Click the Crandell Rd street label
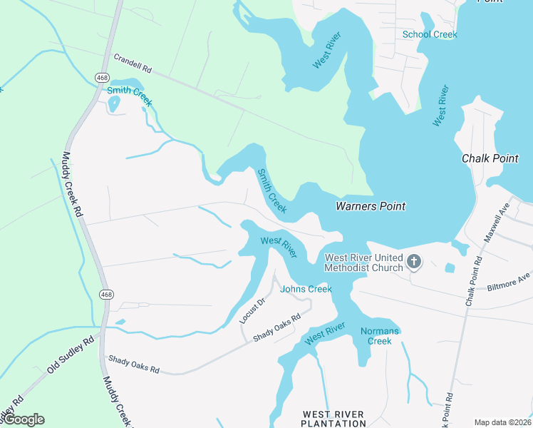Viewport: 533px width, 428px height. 133,63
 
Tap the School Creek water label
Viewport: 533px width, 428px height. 430,34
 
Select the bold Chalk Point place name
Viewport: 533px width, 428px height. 490,158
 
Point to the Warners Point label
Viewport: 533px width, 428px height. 371,206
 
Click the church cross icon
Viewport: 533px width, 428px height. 414,263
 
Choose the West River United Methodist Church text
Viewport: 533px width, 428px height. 363,263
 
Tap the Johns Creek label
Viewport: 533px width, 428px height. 306,289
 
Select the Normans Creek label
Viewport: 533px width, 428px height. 376,335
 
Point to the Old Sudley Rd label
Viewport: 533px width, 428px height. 71,355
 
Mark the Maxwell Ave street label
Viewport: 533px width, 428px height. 497,223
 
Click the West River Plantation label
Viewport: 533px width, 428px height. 333,419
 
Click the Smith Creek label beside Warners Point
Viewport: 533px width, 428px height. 271,190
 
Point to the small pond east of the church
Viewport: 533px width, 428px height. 450,268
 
